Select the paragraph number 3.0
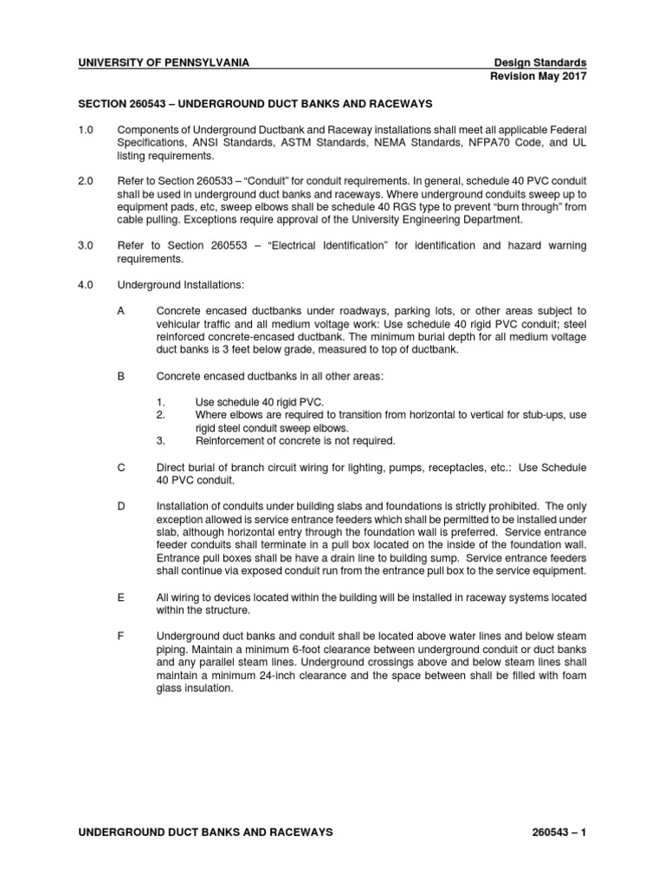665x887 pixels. click(x=85, y=246)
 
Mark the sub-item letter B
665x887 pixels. click(x=121, y=377)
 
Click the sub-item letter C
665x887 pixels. click(x=121, y=467)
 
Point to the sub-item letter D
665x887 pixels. click(x=121, y=506)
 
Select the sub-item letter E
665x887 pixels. click(x=121, y=598)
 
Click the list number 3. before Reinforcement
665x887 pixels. click(x=161, y=441)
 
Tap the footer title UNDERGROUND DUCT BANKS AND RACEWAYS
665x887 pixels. click(x=204, y=832)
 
